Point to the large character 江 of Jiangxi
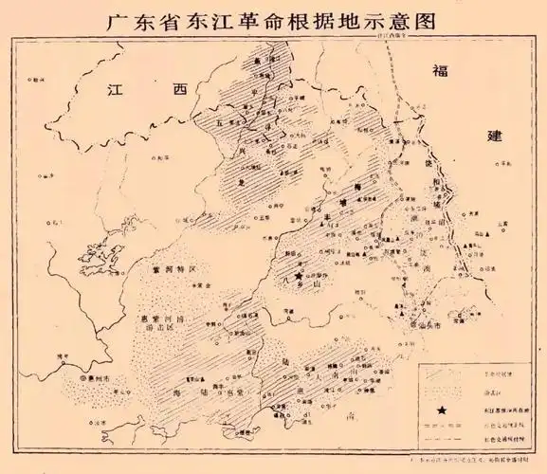[x=116, y=91]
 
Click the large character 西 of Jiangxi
[x=179, y=91]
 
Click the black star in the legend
[x=443, y=411]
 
